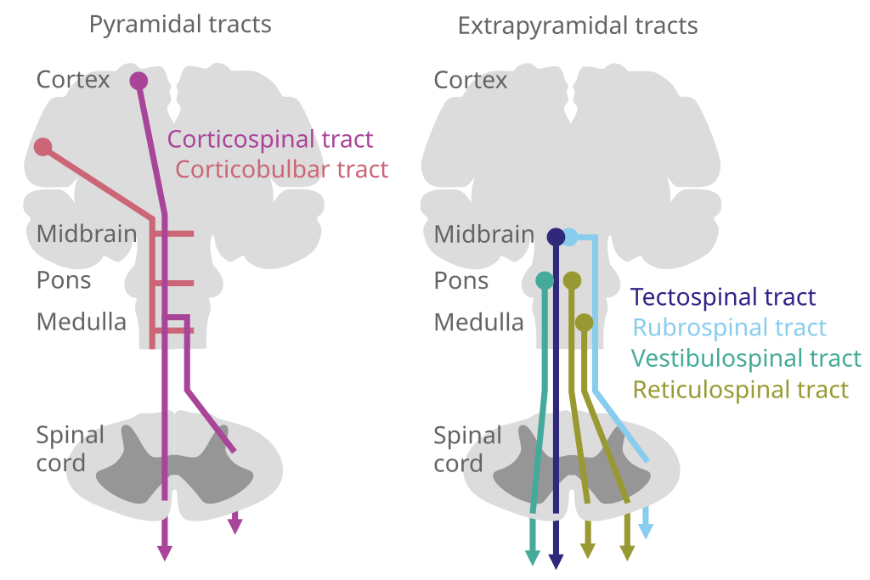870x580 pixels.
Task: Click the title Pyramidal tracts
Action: (180, 25)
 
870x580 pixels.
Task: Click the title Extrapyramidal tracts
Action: (577, 26)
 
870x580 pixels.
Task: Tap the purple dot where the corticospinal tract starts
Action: (138, 81)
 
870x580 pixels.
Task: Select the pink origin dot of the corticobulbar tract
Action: (43, 147)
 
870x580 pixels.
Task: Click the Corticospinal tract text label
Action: (270, 139)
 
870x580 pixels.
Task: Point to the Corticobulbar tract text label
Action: (281, 170)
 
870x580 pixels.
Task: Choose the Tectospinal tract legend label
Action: (724, 298)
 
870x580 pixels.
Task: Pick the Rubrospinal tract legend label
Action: (730, 328)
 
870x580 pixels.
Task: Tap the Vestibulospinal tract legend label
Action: (747, 358)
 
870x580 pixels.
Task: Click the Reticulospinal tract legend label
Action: (740, 390)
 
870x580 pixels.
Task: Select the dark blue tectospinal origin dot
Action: (556, 236)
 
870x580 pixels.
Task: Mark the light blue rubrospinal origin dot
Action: (571, 237)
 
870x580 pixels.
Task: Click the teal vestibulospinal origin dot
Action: (545, 279)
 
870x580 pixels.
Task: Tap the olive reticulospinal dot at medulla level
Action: (584, 322)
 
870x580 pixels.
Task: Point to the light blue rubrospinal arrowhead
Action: (646, 532)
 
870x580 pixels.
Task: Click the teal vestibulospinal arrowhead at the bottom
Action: (533, 557)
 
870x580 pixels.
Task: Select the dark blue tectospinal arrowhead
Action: (556, 561)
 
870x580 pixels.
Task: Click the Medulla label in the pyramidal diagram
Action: (81, 323)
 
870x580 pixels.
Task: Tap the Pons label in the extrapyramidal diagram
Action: (461, 281)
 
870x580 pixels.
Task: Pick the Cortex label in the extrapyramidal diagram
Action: (470, 81)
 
